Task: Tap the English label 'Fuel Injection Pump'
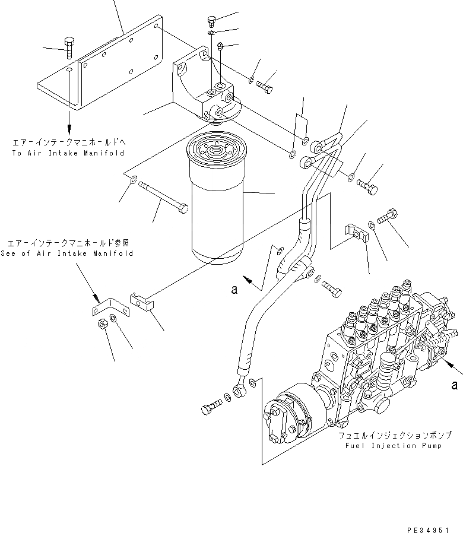point(389,446)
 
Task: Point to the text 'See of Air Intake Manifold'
point(70,253)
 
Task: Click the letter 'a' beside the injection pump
point(454,385)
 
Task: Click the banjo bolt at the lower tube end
point(210,409)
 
